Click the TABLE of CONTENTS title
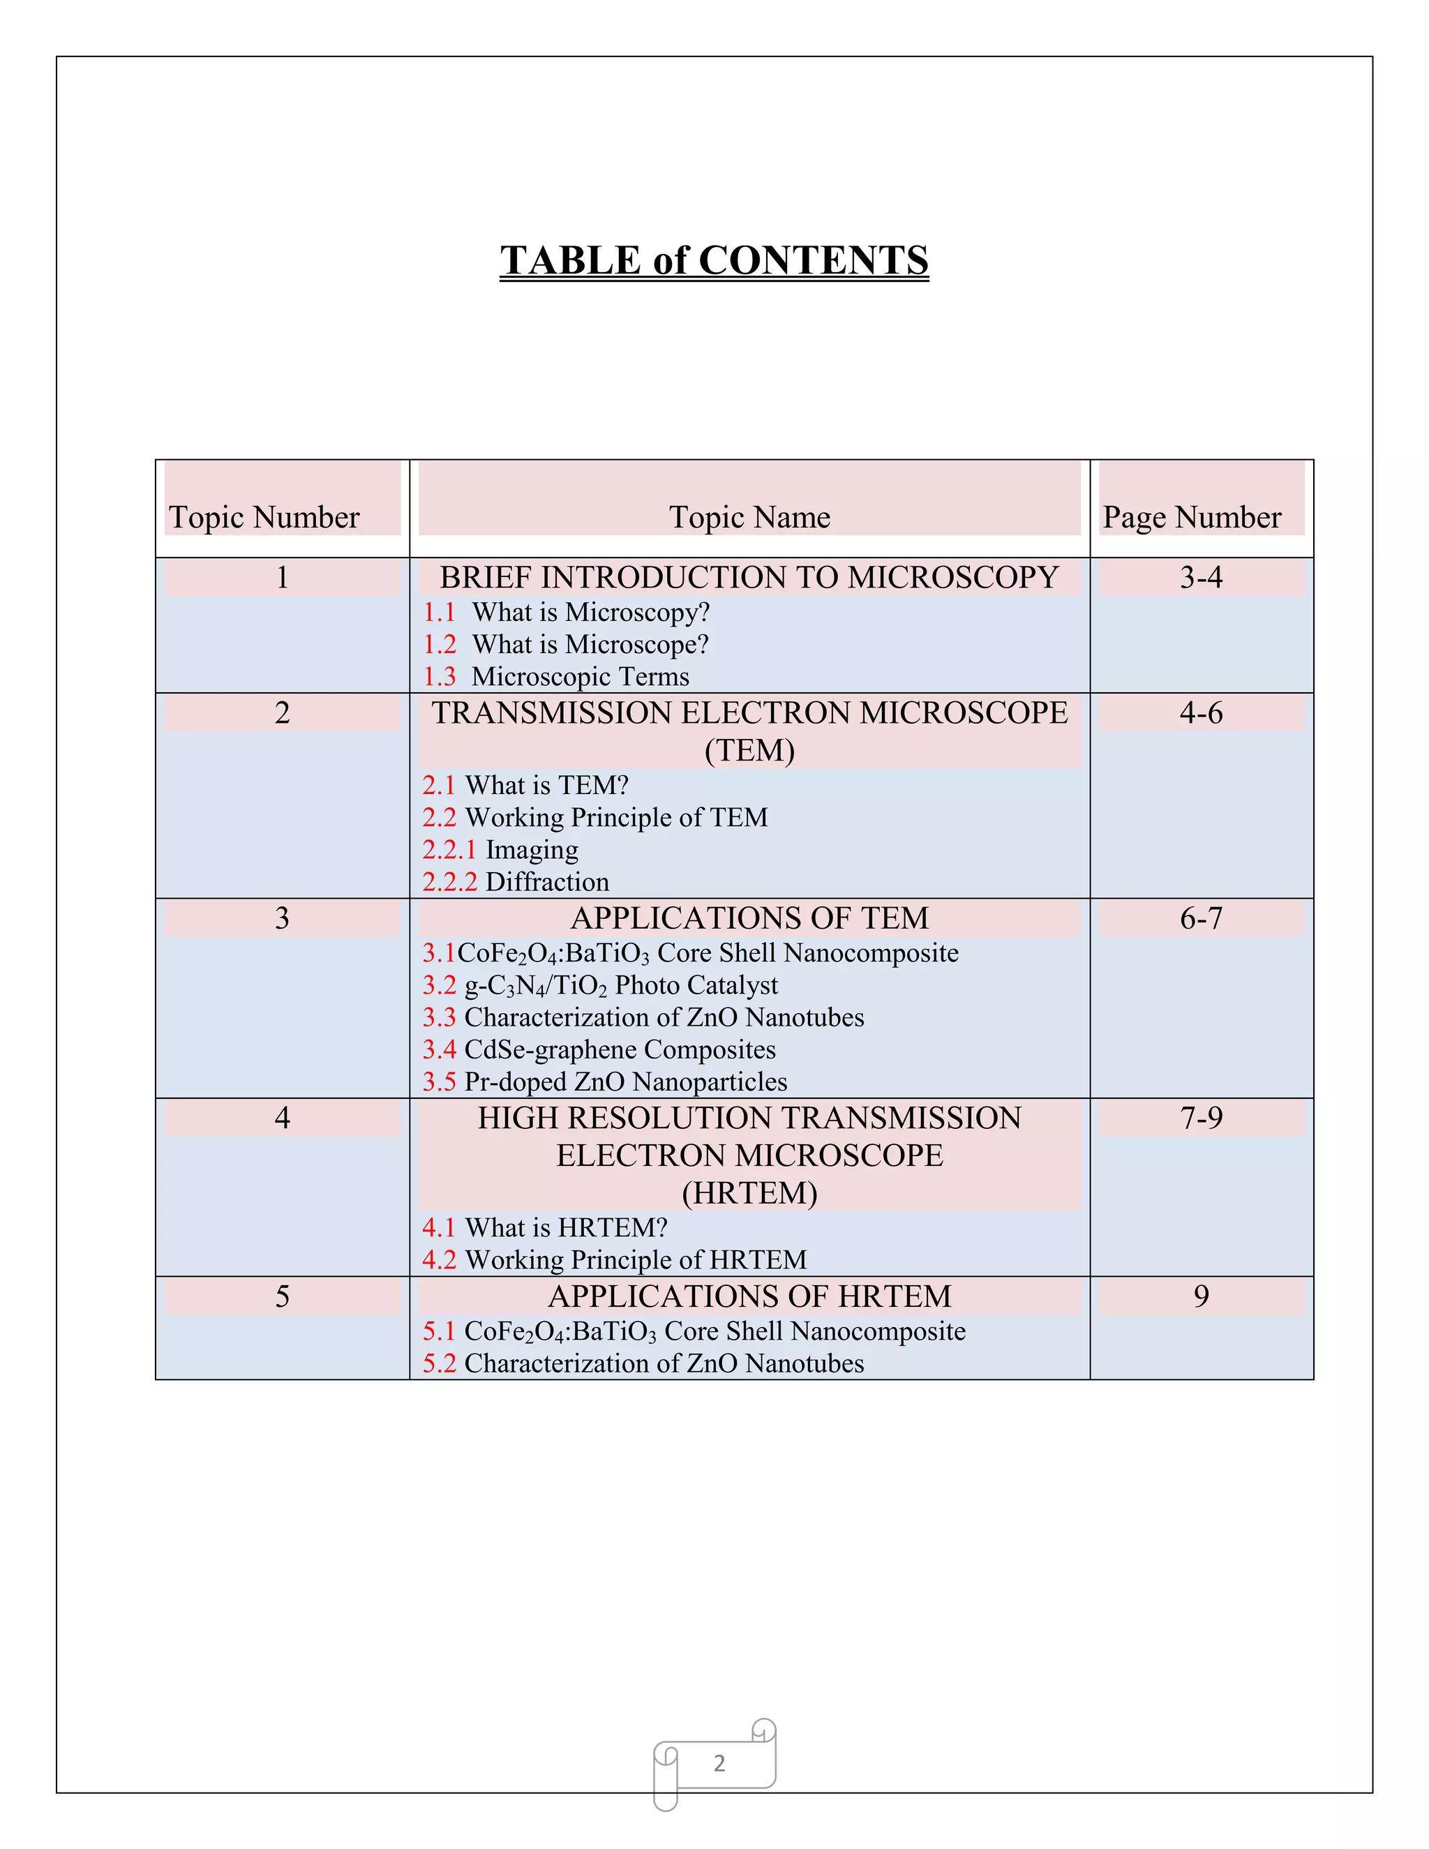click(x=714, y=260)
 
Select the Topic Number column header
click(x=264, y=517)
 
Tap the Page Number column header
click(x=1192, y=517)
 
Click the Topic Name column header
click(x=749, y=517)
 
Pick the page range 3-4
click(x=1202, y=578)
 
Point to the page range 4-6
click(x=1202, y=713)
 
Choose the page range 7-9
click(x=1202, y=1118)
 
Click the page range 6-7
click(x=1202, y=918)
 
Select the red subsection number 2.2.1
click(x=449, y=849)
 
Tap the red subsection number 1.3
click(x=440, y=676)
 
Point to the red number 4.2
click(x=440, y=1259)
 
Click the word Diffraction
click(x=547, y=881)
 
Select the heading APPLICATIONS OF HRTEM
click(x=749, y=1296)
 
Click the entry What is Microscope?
click(x=590, y=644)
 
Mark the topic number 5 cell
click(x=282, y=1296)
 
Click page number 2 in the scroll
click(x=719, y=1762)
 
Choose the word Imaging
click(x=532, y=849)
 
